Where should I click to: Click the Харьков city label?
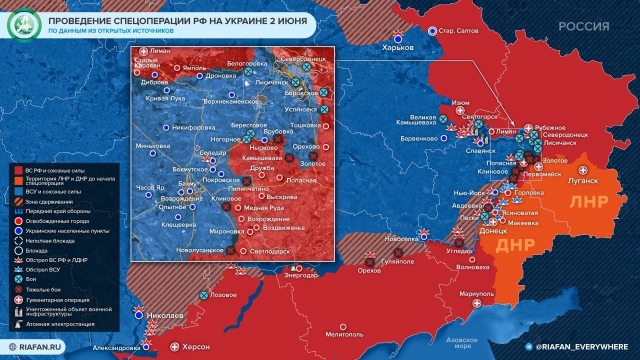pos(397,47)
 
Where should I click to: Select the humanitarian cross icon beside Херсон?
pos(174,346)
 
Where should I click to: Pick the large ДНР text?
pos(515,245)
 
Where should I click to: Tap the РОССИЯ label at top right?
pos(583,26)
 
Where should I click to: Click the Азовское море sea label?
pos(462,343)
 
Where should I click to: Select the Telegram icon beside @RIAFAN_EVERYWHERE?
pos(528,346)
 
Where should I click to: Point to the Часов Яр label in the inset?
pos(149,187)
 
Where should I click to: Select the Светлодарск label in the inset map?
pos(270,251)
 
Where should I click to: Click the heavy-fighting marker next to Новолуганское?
pos(230,250)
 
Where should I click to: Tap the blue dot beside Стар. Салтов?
pos(432,30)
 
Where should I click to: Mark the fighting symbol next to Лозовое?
pos(203,295)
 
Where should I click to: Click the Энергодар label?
pos(300,275)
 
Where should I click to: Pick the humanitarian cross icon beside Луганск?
pos(582,170)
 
